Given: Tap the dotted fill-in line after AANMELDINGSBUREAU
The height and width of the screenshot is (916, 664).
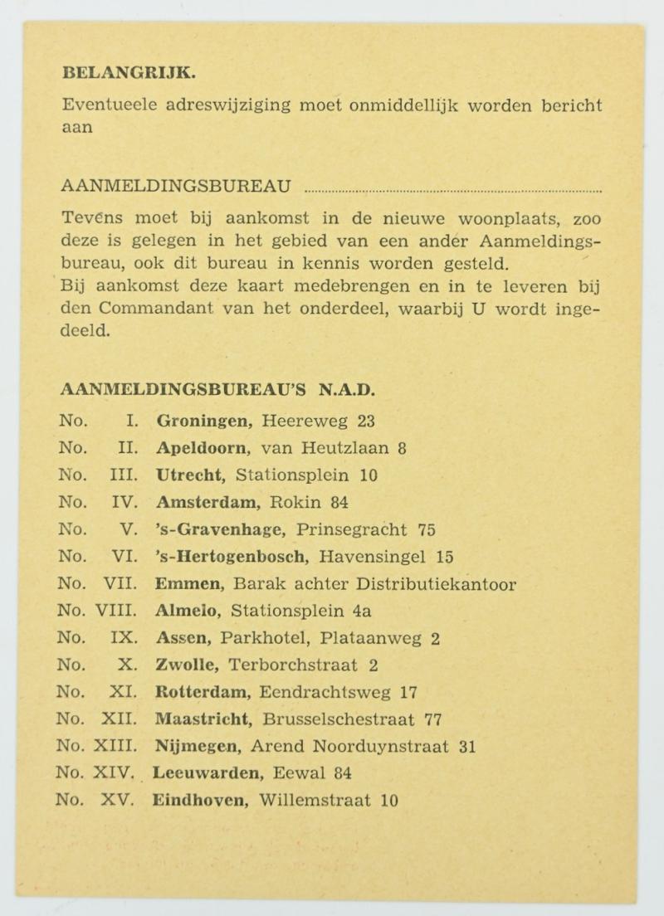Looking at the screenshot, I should click(x=452, y=190).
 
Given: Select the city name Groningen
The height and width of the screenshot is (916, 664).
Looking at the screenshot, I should click(x=204, y=421).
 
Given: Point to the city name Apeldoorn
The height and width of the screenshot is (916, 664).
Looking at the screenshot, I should click(x=203, y=448).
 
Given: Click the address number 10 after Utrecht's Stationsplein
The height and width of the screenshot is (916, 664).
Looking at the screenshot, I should click(x=369, y=475).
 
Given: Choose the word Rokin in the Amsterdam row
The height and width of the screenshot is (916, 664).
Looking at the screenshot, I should click(x=296, y=502).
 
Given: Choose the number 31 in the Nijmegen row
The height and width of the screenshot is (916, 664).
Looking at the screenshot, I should click(x=466, y=746).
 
